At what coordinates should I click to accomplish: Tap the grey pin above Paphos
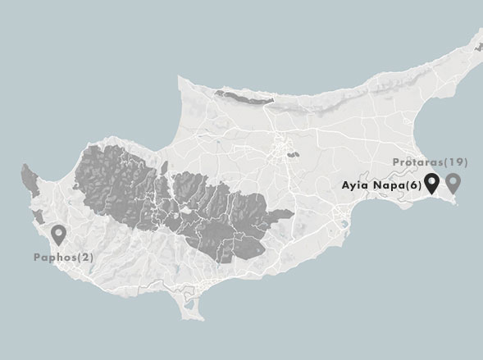pyautogui.click(x=58, y=235)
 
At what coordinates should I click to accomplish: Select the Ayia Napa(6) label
pyautogui.click(x=381, y=186)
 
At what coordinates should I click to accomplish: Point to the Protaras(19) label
pyautogui.click(x=430, y=163)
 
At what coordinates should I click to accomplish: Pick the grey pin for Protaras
pyautogui.click(x=452, y=184)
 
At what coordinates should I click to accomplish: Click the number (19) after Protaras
pyautogui.click(x=455, y=163)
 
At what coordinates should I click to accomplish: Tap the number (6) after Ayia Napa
pyautogui.click(x=414, y=186)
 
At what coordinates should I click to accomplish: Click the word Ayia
pyautogui.click(x=353, y=186)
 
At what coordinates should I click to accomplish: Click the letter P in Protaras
pyautogui.click(x=396, y=163)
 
